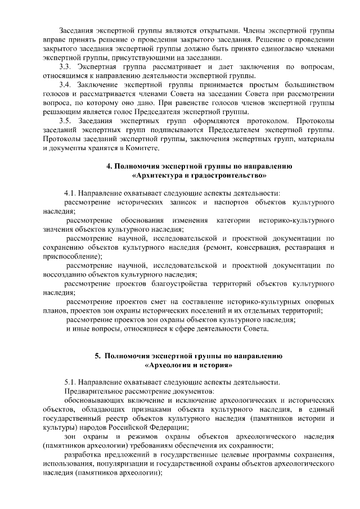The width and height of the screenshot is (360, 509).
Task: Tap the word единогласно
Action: pyautogui.click(x=268, y=49)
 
